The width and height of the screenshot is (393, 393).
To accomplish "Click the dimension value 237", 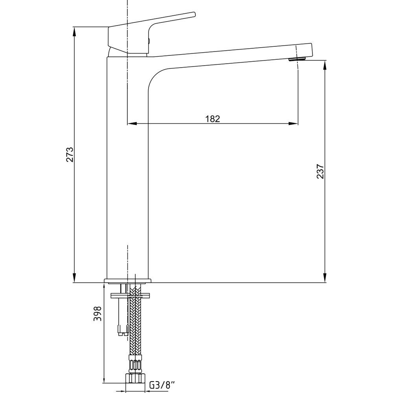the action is point(320,171).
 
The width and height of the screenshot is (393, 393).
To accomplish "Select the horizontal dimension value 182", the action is point(213,119).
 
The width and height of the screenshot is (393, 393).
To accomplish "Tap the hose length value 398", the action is point(97,314).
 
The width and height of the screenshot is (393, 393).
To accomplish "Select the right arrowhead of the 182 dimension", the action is point(294,123).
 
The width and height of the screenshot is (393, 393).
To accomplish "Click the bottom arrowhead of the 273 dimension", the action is point(74,278).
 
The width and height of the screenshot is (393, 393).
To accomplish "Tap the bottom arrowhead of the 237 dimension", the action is point(325,278).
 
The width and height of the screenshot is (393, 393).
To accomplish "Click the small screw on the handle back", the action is point(149,40).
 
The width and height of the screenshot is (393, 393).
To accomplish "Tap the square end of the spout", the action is point(305,51).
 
